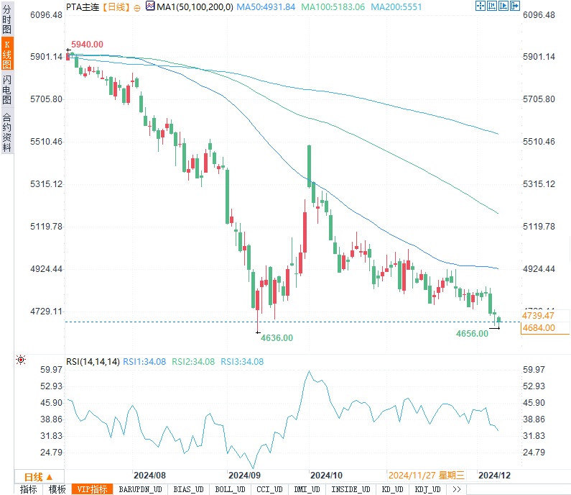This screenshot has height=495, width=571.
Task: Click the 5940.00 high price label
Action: tap(87, 45)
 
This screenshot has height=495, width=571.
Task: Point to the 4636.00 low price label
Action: tap(277, 337)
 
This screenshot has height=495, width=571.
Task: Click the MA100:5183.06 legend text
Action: tap(333, 6)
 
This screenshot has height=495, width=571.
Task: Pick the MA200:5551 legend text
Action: tap(396, 6)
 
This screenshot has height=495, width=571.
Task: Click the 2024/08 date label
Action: tap(150, 476)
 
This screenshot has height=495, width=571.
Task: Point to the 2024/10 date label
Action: tap(326, 476)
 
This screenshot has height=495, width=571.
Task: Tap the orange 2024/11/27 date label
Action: tap(412, 476)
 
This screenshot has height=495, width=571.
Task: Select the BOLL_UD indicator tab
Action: tap(230, 489)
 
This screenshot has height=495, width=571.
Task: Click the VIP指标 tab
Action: tap(93, 489)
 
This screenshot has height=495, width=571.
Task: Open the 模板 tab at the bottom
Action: tap(57, 489)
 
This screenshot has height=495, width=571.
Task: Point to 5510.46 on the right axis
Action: tap(539, 142)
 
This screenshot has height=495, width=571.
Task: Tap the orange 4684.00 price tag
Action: tap(539, 328)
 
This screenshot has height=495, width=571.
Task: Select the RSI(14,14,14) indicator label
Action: tap(93, 361)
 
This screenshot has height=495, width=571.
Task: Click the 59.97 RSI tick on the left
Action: tap(52, 370)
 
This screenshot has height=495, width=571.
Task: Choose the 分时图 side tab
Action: tap(6, 19)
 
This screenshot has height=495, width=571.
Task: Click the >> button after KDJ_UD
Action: tap(457, 489)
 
